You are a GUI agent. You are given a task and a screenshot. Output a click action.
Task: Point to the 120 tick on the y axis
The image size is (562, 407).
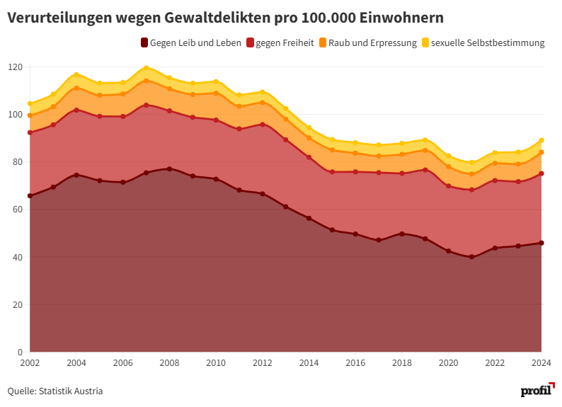pyautogui.click(x=16, y=67)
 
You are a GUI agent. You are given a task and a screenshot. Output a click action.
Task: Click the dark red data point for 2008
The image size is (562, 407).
pyautogui.click(x=169, y=168)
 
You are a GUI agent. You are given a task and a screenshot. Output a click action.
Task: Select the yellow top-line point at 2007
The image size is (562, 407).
pyautogui.click(x=146, y=68)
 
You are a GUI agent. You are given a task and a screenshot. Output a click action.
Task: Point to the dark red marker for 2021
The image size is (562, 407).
pyautogui.click(x=471, y=257)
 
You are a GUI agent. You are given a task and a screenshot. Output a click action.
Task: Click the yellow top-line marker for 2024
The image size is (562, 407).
pyautogui.click(x=541, y=140)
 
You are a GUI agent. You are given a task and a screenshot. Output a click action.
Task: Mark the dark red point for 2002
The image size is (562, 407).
pyautogui.click(x=30, y=196)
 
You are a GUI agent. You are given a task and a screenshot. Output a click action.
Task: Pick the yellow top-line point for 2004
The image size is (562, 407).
pyautogui.click(x=76, y=74)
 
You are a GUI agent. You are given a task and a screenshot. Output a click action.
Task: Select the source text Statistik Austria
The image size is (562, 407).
pyautogui.click(x=71, y=391)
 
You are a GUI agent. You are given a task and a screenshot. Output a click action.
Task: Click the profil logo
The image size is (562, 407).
pyautogui.click(x=537, y=390)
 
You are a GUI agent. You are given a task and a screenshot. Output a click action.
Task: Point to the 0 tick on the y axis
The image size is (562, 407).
pyautogui.click(x=21, y=352)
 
